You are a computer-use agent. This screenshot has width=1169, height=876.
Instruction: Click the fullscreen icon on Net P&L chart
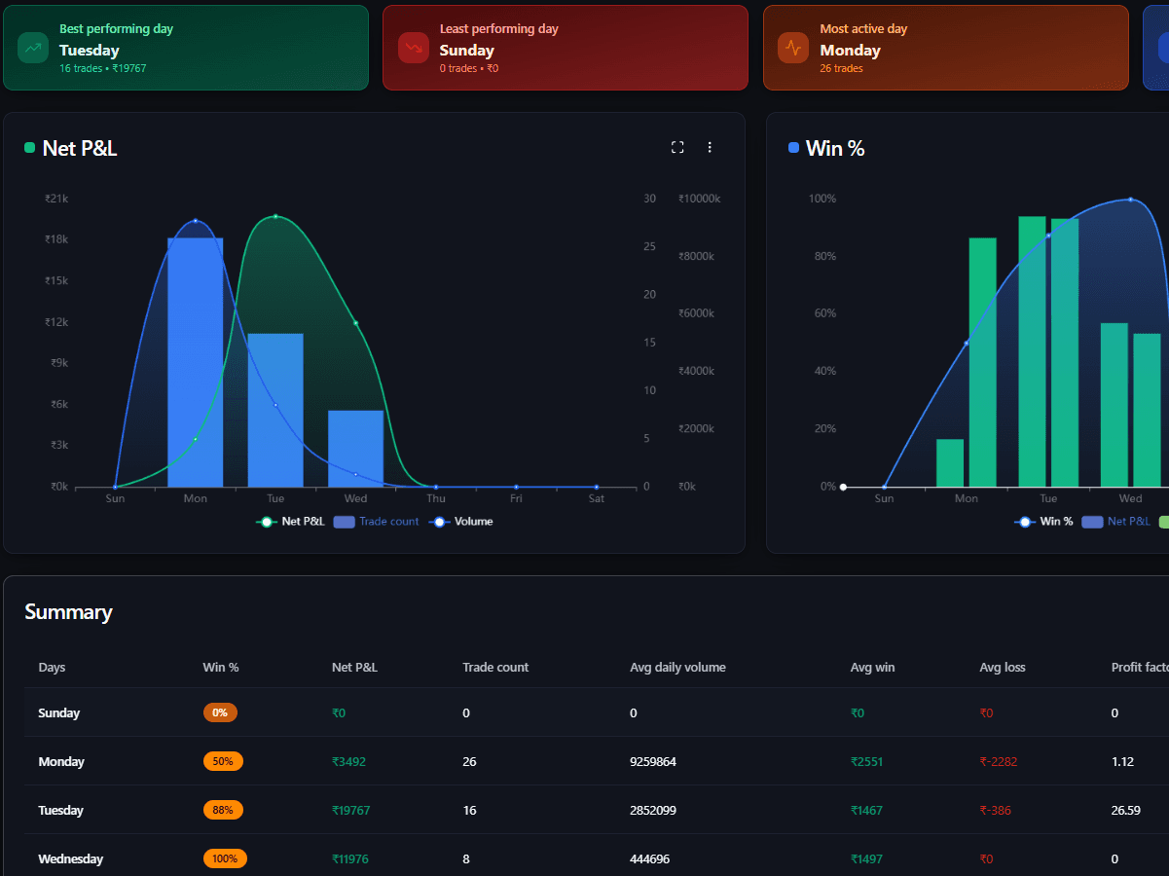coord(677,147)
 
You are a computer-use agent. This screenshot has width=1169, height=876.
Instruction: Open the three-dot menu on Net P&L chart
coord(710,147)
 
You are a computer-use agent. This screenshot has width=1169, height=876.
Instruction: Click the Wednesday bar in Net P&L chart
coord(355,448)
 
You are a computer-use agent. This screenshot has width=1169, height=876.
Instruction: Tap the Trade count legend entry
coord(377,522)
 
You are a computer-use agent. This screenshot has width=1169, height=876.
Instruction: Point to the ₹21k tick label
coord(56,199)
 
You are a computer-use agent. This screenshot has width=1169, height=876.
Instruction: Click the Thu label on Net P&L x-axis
coord(435,498)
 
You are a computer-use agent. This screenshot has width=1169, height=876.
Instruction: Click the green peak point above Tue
coord(275,216)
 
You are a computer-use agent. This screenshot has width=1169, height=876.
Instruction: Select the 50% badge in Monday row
coord(223,761)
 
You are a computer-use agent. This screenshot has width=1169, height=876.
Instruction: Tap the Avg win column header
coord(872,667)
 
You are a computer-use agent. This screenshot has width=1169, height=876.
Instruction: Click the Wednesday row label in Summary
coord(70,858)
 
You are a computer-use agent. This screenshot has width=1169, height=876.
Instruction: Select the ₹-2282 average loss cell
coord(998,761)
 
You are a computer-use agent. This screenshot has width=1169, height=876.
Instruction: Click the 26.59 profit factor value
coord(1125,810)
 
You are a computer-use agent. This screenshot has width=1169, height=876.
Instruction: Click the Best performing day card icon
coord(34,48)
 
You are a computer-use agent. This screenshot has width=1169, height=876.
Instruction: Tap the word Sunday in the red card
coord(466,51)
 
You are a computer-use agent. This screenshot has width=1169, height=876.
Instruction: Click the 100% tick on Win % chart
coord(822,199)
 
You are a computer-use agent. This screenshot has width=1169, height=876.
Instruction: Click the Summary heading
coord(68,612)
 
